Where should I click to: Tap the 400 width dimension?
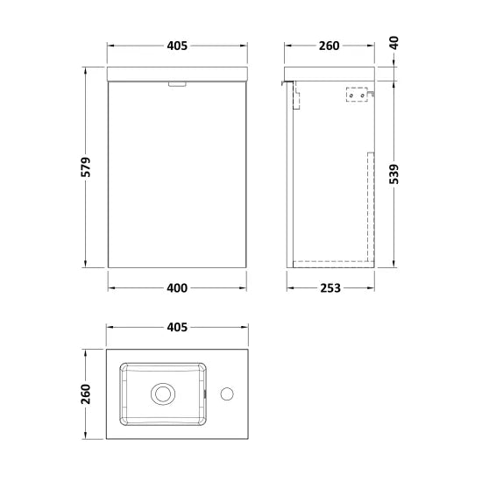click(x=180, y=287)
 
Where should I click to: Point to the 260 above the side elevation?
click(x=330, y=45)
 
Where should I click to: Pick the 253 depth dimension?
click(x=330, y=287)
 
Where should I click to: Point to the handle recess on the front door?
click(x=177, y=84)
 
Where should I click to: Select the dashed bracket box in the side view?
click(x=357, y=94)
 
